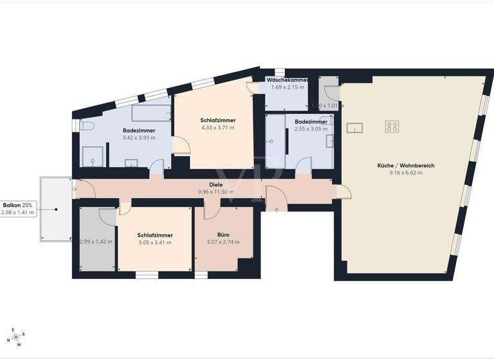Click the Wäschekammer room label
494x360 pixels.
(287, 80)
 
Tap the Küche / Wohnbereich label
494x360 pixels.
(406, 165)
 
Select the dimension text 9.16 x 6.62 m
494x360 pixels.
(406, 173)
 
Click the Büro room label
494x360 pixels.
(223, 235)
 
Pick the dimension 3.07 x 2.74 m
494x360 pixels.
(223, 242)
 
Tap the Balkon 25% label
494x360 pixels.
(19, 204)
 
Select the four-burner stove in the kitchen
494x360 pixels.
(392, 126)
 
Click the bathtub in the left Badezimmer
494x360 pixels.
(151, 114)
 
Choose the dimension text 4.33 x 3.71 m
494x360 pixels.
(217, 128)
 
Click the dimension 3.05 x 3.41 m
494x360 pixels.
(154, 243)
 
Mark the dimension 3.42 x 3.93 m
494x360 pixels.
(139, 138)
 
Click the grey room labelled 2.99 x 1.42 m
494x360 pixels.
(95, 242)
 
